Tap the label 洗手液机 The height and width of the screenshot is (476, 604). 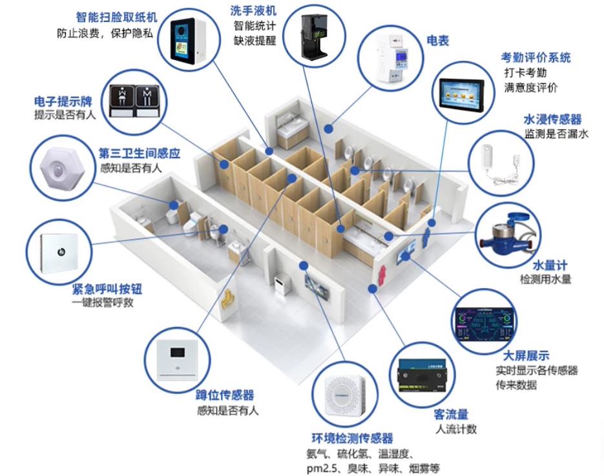point(252,10)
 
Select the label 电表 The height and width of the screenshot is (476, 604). point(437,41)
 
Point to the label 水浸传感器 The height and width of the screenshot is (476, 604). point(552,119)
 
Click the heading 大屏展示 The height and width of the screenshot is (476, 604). point(526,355)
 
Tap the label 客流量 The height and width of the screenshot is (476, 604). point(451,414)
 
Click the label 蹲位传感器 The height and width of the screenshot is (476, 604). point(225,395)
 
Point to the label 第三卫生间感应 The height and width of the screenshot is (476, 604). point(139,154)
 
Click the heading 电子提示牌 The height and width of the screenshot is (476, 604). point(63,101)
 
